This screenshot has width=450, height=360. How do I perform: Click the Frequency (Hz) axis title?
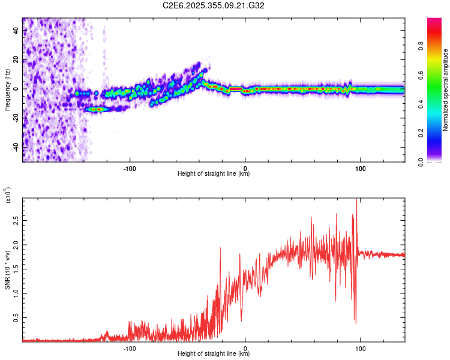pos(7,90)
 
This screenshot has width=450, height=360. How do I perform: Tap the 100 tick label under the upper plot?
pos(361,167)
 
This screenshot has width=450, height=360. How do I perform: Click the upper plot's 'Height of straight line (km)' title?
pos(214,174)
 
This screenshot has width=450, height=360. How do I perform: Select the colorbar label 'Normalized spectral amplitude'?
pos(446,90)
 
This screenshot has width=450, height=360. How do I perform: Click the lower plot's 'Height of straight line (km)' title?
pos(214,355)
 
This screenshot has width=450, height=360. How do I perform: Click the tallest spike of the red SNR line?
pos(357,200)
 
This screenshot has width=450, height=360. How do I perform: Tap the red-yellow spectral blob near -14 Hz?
pos(96,109)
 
